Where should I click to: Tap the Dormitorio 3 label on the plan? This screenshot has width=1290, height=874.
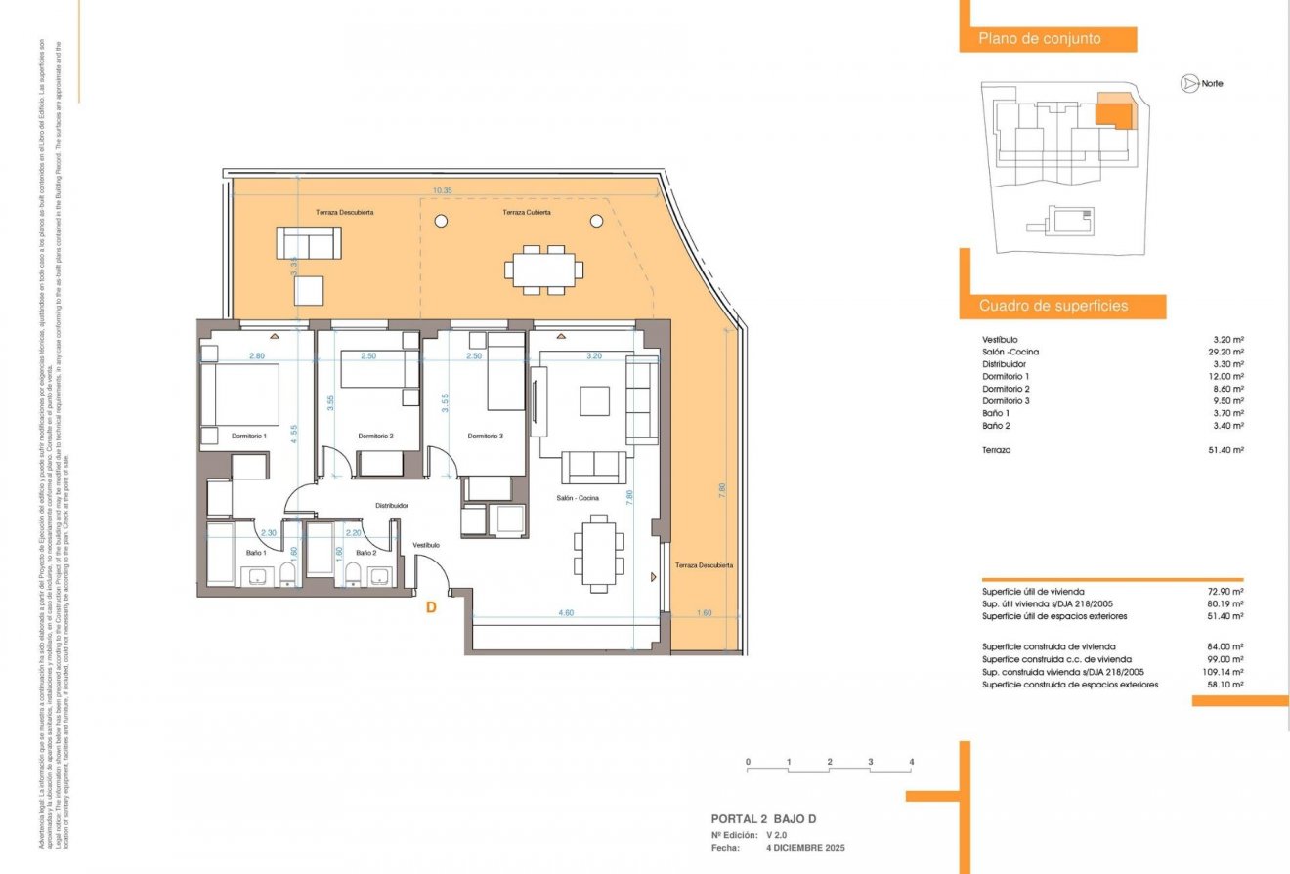[486, 436]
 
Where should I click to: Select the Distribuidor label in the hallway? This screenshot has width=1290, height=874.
[391, 505]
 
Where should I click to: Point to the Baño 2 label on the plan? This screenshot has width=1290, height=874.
[365, 553]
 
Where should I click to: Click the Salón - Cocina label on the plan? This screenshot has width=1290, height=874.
[578, 498]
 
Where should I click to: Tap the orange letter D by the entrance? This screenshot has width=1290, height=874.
[431, 607]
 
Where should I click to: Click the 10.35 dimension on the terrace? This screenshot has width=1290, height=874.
[442, 191]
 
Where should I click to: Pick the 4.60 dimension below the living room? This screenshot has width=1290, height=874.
[565, 613]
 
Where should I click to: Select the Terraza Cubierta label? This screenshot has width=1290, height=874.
[527, 212]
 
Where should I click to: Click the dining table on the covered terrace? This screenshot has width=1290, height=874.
[544, 269]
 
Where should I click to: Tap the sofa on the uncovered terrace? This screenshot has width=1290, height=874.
[309, 242]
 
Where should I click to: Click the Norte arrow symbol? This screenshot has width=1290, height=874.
[1188, 84]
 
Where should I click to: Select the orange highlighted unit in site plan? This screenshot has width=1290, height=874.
[1112, 110]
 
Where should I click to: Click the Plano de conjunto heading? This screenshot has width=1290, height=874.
[1040, 39]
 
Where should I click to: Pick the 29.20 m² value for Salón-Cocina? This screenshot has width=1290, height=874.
[1226, 352]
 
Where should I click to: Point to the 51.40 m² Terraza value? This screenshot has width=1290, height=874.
[1226, 450]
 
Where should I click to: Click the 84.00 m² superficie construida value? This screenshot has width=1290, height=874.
[1225, 646]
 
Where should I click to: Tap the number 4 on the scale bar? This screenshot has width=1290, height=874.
[911, 761]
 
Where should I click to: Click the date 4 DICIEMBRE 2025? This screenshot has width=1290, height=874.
[805, 848]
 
